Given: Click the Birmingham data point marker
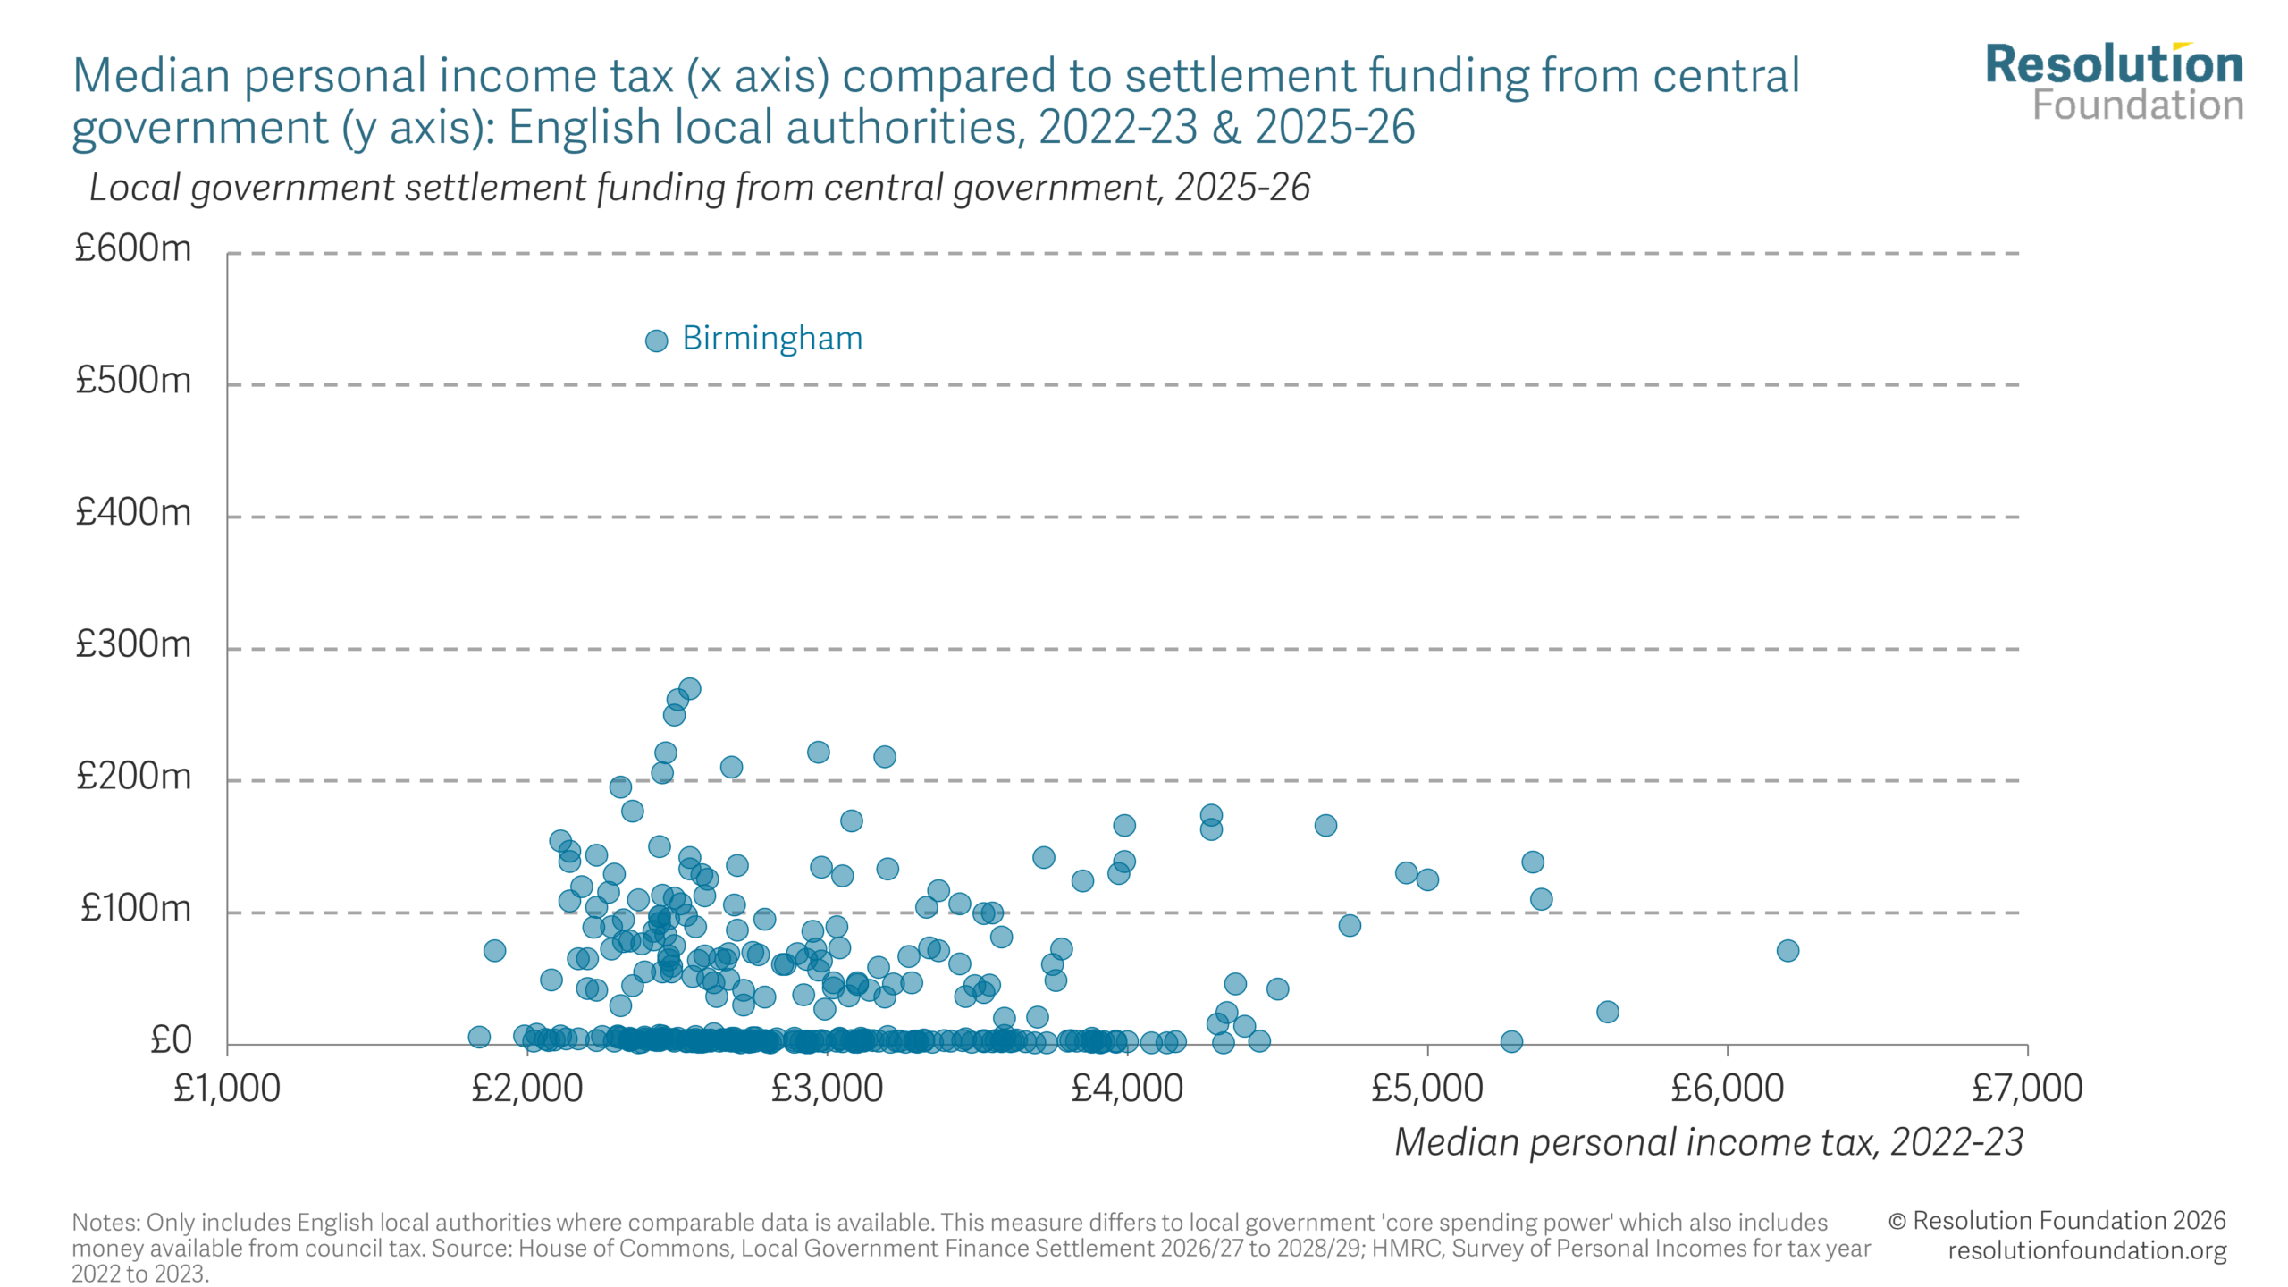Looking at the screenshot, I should pos(656,341).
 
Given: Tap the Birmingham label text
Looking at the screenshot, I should pos(772,339).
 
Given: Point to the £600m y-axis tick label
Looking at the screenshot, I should pos(133,248).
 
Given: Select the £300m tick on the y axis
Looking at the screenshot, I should pos(133,644).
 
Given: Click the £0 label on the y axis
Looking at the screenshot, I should pos(171,1040).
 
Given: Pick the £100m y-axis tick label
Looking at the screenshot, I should pos(136,908).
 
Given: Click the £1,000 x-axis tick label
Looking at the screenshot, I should pos(227,1089).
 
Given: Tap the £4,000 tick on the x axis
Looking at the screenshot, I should pos(1127,1089).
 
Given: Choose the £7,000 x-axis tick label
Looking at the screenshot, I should pos(2027,1089).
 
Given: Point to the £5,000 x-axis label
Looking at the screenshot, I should pos(1426,1089).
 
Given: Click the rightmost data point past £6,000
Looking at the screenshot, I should pos(1787,951).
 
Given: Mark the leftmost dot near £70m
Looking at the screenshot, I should pos(494,951).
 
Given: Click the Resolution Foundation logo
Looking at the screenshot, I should pos(2114,82).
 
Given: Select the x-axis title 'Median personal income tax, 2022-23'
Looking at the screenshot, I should pos(1708,1142).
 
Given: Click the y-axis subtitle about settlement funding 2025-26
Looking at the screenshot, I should pos(699,189).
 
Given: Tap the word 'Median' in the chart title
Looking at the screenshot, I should pos(151,76).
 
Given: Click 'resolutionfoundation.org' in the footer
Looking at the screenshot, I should pos(2087,1250).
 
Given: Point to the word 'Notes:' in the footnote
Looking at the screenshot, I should pos(106,1223).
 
